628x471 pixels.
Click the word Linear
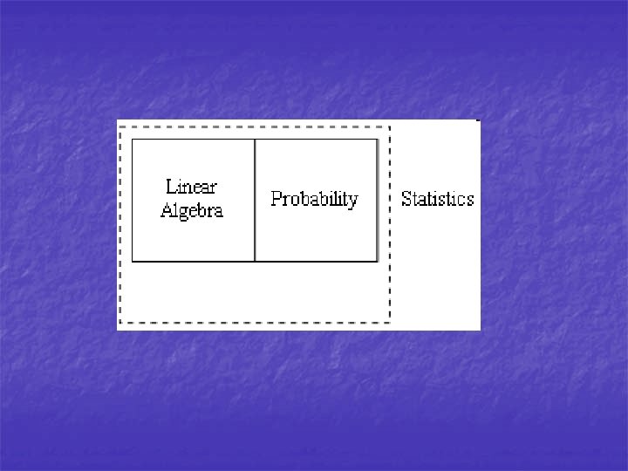pos(191,187)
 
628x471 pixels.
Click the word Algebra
pos(192,210)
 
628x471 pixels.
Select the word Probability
pos(314,199)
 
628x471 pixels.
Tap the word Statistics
pos(437,199)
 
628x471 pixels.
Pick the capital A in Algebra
pos(167,210)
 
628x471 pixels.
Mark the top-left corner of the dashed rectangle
pos(120,127)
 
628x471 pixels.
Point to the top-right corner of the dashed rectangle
pos(390,127)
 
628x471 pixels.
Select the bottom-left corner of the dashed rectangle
pos(120,323)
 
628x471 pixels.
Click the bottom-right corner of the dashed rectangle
pos(390,323)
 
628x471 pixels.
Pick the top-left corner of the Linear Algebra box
pos(133,140)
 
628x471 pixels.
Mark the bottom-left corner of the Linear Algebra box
pos(133,261)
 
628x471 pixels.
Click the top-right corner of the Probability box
pos(377,140)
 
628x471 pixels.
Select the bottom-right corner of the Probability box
pos(377,261)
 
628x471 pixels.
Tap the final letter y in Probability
pos(353,201)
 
